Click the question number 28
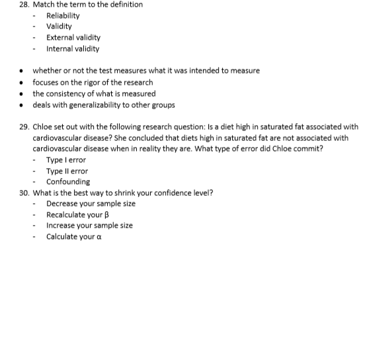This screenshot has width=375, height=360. coord(24,5)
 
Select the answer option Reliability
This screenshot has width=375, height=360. coord(63,15)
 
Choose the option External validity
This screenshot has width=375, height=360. coord(73,38)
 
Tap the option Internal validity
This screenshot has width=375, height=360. coord(73,49)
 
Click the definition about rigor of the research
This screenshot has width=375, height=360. coord(93,83)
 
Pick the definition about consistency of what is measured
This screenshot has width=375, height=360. coord(94,94)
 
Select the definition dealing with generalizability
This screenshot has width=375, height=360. coord(104,105)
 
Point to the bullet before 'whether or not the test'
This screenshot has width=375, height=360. coord(22,71)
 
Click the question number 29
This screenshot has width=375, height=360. coord(24,127)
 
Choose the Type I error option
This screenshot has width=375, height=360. coord(66,160)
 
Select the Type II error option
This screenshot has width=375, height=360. coord(67,171)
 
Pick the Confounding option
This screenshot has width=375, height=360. coord(68,182)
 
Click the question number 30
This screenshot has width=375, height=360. coord(24,193)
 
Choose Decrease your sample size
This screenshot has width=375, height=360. coord(91,204)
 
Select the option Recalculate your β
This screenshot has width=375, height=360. coord(77,215)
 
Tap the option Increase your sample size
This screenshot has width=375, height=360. coord(89,226)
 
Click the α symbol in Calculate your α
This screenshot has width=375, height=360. coord(99,238)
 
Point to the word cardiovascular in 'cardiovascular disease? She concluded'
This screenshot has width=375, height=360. coord(58,138)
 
